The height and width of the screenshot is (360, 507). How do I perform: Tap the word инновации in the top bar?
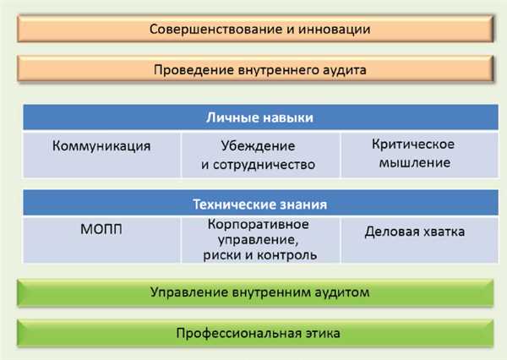click(335, 29)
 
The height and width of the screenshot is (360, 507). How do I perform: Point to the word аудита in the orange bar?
click(345, 70)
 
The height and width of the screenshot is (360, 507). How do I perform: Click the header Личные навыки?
click(259, 117)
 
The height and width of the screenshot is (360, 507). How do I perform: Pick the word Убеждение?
click(258, 146)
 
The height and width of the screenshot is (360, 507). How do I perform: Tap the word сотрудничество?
click(264, 165)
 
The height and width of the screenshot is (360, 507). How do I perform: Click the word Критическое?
click(413, 145)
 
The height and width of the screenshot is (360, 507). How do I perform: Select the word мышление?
click(415, 162)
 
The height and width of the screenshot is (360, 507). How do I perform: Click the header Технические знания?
click(259, 205)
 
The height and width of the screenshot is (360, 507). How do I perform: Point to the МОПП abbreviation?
click(101, 229)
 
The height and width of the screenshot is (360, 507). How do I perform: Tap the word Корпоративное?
click(258, 224)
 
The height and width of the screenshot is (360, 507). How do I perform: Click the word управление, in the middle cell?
click(258, 240)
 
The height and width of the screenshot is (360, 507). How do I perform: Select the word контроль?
click(287, 255)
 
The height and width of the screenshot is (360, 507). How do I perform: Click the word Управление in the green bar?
click(189, 292)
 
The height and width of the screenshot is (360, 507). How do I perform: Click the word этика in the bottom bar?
click(324, 333)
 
